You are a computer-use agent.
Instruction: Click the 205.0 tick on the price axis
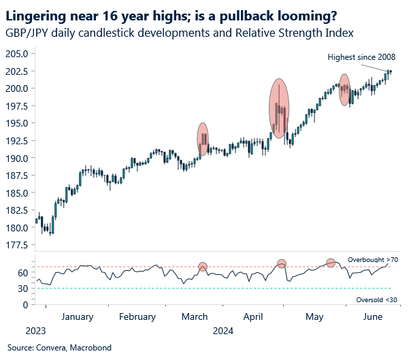tap(16, 54)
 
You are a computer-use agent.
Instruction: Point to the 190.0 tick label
tap(16, 158)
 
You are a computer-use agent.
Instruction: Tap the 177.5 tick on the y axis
tap(16, 245)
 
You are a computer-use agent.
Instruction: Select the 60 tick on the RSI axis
tap(22, 273)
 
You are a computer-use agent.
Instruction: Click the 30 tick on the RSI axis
tap(22, 289)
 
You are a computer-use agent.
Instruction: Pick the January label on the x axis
tap(76, 316)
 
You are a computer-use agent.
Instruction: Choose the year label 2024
tap(223, 331)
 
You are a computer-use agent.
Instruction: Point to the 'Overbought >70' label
tap(372, 260)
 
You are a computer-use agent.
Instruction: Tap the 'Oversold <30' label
tap(375, 299)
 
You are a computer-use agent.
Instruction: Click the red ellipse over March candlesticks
tap(203, 139)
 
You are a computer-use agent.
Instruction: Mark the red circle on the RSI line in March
tap(203, 267)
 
